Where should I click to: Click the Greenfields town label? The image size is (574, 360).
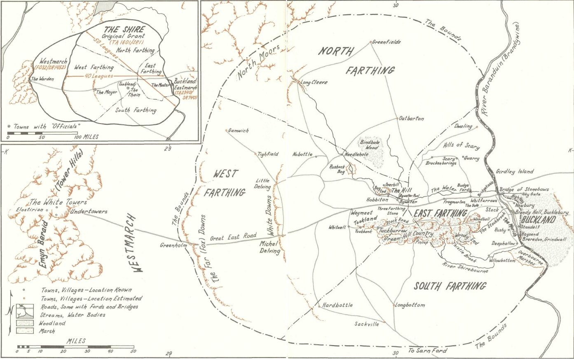point(387,42)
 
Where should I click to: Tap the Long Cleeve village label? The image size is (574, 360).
point(314,82)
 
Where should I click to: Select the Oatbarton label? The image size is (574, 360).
point(411,119)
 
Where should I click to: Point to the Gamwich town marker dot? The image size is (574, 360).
point(226,130)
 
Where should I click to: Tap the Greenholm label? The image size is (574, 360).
point(173,245)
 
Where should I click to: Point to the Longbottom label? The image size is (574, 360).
point(410,305)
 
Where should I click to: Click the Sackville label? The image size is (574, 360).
point(366,324)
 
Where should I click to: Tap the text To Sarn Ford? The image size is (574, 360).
point(427,351)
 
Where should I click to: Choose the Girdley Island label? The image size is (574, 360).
point(515,171)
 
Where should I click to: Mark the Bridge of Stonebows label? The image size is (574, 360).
point(524,189)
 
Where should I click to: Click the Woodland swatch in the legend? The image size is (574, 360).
point(21,324)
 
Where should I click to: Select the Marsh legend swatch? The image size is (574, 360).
point(21,331)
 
